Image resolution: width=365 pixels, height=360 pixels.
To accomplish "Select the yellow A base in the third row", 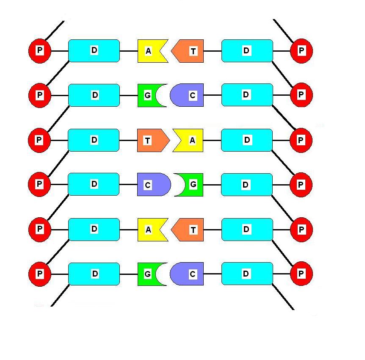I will pyautogui.click(x=190, y=140).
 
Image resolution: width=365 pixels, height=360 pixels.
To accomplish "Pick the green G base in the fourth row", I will pyautogui.click(x=191, y=185).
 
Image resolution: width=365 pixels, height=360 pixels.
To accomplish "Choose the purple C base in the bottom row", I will pyautogui.click(x=189, y=274).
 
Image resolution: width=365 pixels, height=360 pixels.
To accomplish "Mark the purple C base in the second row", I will pyautogui.click(x=189, y=95).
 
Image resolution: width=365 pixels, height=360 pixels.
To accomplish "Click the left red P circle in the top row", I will pyautogui.click(x=40, y=51).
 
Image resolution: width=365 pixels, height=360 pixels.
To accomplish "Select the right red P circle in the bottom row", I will pyautogui.click(x=301, y=274).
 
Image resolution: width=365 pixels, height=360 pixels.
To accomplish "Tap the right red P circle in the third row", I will pyautogui.click(x=301, y=140).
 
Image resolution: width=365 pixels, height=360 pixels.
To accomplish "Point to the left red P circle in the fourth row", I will pyautogui.click(x=39, y=184).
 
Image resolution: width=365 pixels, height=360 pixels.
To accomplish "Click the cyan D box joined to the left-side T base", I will pyautogui.click(x=94, y=140).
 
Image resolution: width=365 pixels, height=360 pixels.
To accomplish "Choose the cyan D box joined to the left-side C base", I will pyautogui.click(x=94, y=184).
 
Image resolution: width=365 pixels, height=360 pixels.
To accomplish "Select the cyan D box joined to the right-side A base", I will pyautogui.click(x=247, y=140).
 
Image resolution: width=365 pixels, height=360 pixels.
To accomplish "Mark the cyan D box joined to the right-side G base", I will pyautogui.click(x=247, y=185).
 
